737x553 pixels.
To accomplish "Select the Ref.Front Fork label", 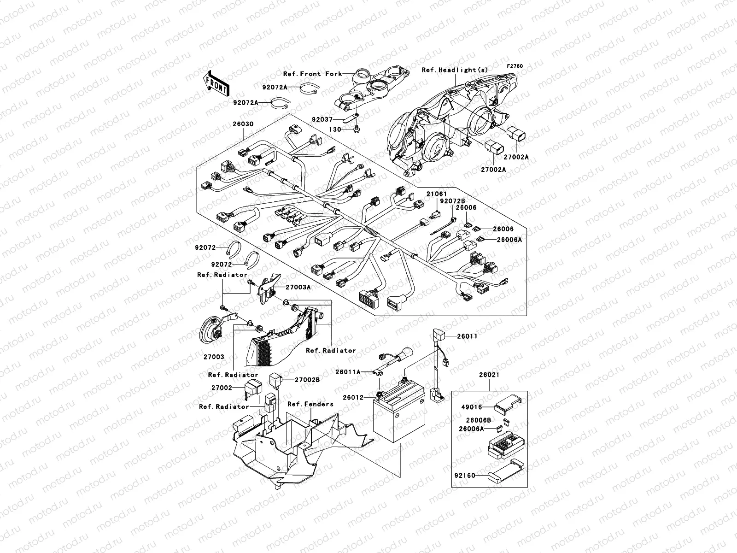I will [x=312, y=74].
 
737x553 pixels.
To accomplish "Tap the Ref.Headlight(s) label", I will [x=455, y=70].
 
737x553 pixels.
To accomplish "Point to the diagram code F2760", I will [x=515, y=66].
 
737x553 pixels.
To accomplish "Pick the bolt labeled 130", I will [x=357, y=129].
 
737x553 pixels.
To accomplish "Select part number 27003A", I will [x=298, y=287].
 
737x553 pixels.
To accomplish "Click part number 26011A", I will [x=348, y=371].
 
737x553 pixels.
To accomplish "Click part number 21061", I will [x=436, y=194].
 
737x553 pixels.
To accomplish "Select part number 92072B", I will [x=452, y=201].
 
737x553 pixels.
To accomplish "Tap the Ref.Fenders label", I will [x=310, y=404].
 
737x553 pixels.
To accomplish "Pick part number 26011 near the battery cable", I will [x=467, y=336].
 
